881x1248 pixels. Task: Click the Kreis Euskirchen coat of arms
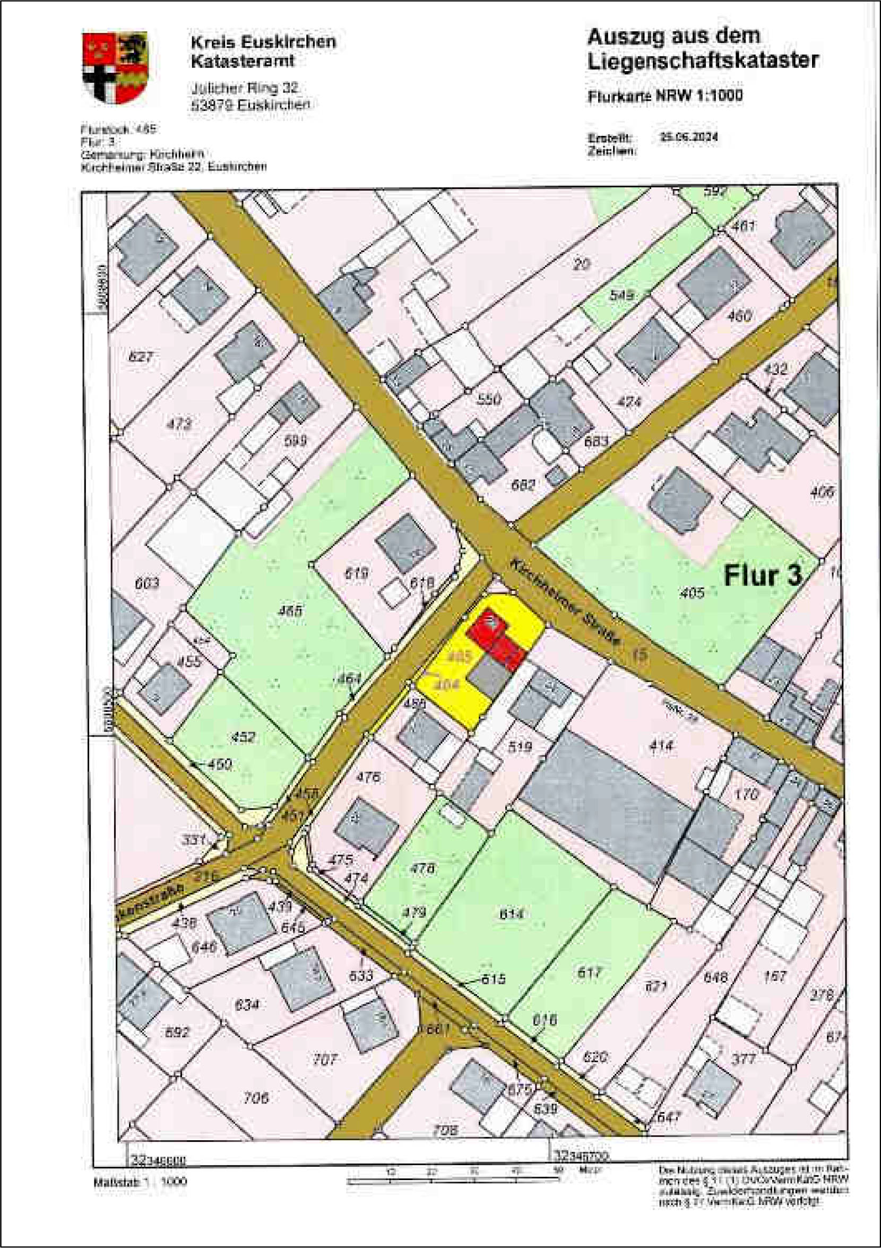pyautogui.click(x=115, y=67)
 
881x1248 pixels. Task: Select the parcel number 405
pyautogui.click(x=692, y=593)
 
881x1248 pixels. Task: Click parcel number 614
pyautogui.click(x=511, y=914)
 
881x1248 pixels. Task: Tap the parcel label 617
pyautogui.click(x=589, y=972)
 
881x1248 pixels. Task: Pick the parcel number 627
pyautogui.click(x=141, y=357)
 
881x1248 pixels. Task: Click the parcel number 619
pyautogui.click(x=357, y=573)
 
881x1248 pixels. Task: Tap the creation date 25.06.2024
pyautogui.click(x=688, y=137)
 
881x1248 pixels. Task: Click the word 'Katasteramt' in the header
pyautogui.click(x=243, y=61)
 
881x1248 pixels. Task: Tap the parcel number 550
pyautogui.click(x=488, y=400)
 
